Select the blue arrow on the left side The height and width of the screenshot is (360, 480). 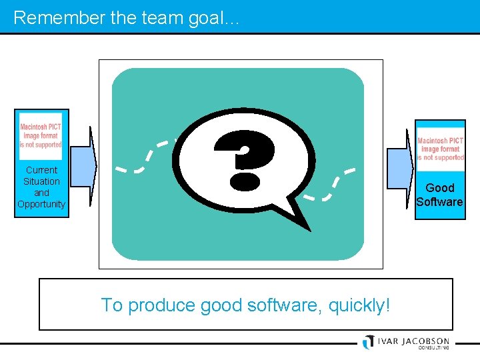83,163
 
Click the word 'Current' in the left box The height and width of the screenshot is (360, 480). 41,170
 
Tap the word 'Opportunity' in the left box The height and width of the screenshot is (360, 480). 41,204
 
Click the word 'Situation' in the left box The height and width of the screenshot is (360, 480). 41,181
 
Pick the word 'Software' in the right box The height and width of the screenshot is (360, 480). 439,202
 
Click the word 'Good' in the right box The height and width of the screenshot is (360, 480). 440,188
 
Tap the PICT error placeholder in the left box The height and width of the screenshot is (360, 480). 41,135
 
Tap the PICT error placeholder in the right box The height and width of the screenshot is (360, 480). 440,149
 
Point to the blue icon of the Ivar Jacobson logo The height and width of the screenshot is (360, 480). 368,341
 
